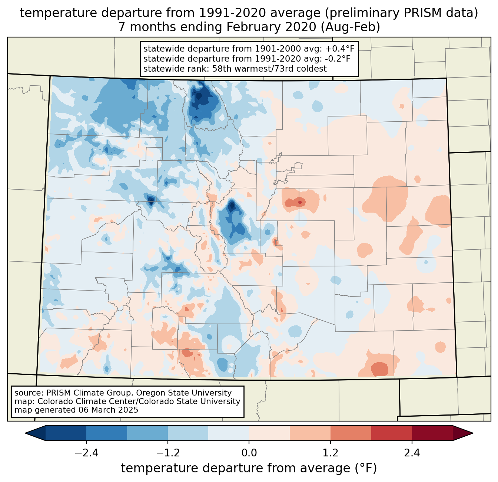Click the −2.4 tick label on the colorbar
click(86, 453)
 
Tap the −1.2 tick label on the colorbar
click(167, 453)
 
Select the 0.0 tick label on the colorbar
click(249, 453)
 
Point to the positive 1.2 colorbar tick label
click(331, 453)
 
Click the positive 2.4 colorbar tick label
click(412, 453)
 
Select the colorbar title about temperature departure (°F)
click(249, 468)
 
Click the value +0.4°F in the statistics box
click(340, 49)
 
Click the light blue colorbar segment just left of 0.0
click(229, 433)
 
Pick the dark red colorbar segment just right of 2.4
click(432, 433)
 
